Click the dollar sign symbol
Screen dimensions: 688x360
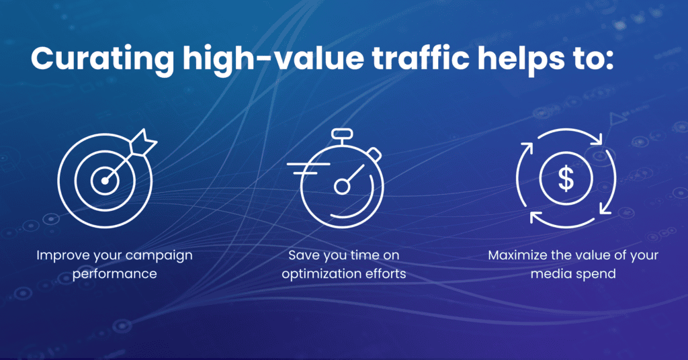tap(566, 178)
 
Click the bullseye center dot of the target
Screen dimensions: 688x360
tap(105, 181)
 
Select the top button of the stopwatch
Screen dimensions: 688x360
tap(342, 133)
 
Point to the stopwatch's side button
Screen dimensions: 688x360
tap(374, 154)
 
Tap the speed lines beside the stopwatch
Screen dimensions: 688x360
tap(307, 169)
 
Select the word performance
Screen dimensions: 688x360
tap(114, 274)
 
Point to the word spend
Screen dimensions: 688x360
tap(596, 274)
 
